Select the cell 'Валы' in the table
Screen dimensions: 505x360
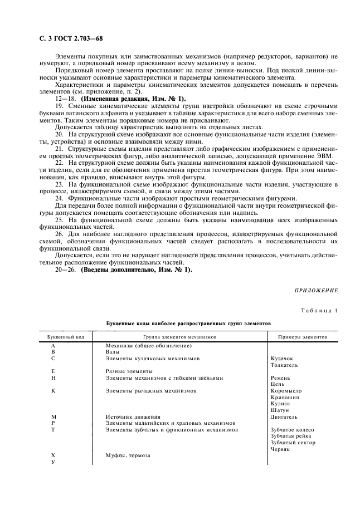[113, 352]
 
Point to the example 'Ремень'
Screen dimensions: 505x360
[280, 378]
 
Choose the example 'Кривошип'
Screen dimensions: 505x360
[284, 397]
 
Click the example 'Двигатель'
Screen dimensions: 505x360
[284, 416]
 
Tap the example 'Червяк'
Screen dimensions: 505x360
[280, 449]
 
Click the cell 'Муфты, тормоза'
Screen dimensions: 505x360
[128, 455]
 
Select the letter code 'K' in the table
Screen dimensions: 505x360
[53, 391]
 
